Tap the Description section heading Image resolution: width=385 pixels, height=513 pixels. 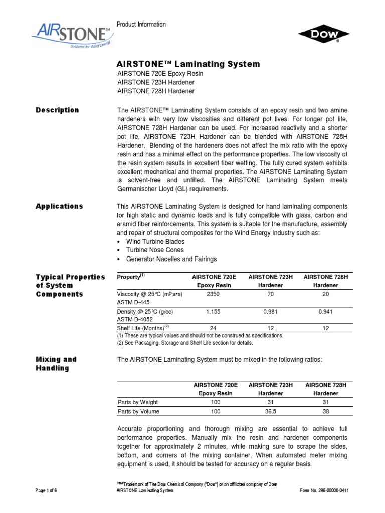(57, 110)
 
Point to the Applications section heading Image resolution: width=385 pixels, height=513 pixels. (59, 206)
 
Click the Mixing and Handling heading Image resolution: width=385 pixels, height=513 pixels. (56, 364)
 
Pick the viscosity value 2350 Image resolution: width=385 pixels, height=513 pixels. (214, 294)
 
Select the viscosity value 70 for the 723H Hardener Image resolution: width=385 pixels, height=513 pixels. (271, 294)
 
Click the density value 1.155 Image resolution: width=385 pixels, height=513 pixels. (214, 311)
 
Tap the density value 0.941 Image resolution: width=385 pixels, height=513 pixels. (326, 311)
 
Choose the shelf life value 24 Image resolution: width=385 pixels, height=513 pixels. (214, 328)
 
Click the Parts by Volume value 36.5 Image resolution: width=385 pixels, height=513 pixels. (271, 411)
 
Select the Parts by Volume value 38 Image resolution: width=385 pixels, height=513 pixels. (326, 411)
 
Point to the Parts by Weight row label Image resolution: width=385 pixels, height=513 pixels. (138, 402)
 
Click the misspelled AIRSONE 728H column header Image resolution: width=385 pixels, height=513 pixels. (326, 385)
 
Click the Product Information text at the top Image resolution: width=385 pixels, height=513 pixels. (141, 25)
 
